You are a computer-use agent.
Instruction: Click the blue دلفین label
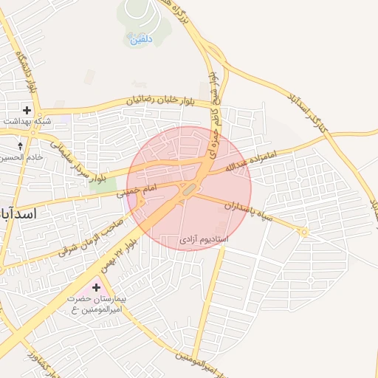coord(141,40)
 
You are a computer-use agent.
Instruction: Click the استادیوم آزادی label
coord(204,240)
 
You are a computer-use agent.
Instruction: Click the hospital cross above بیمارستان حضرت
coord(96,286)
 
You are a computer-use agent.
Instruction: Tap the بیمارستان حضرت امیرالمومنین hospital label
coord(93,303)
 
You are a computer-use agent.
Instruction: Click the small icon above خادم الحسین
coord(20,146)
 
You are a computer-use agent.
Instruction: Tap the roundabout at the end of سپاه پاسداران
coord(303,232)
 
